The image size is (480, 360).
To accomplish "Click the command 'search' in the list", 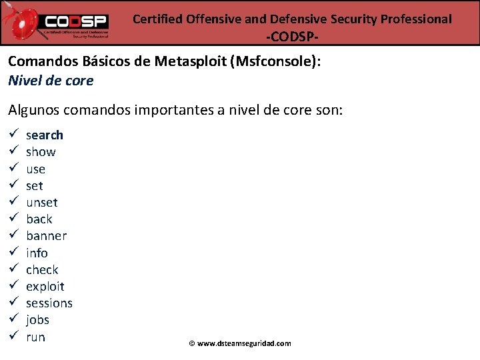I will pos(45,135).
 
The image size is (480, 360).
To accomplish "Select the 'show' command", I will pos(41,152).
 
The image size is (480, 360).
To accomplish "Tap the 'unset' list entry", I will pos(42,203).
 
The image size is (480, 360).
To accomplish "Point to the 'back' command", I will pos(39,219).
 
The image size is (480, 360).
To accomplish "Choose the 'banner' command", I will pos(47,236).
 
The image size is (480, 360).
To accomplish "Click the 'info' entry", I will pos(37,253).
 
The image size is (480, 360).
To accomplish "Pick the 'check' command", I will pos(42,270).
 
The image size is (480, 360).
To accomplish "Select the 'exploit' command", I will pos(45,287).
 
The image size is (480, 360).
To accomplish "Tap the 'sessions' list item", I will pos(49,303).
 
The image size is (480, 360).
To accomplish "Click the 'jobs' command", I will pos(38,320).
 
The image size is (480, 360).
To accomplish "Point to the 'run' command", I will pos(36,337).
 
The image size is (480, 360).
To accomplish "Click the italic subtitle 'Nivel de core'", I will pos(51,81).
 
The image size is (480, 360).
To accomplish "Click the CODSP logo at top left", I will pos(63,22).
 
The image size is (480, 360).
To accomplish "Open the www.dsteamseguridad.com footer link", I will pos(244,343).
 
